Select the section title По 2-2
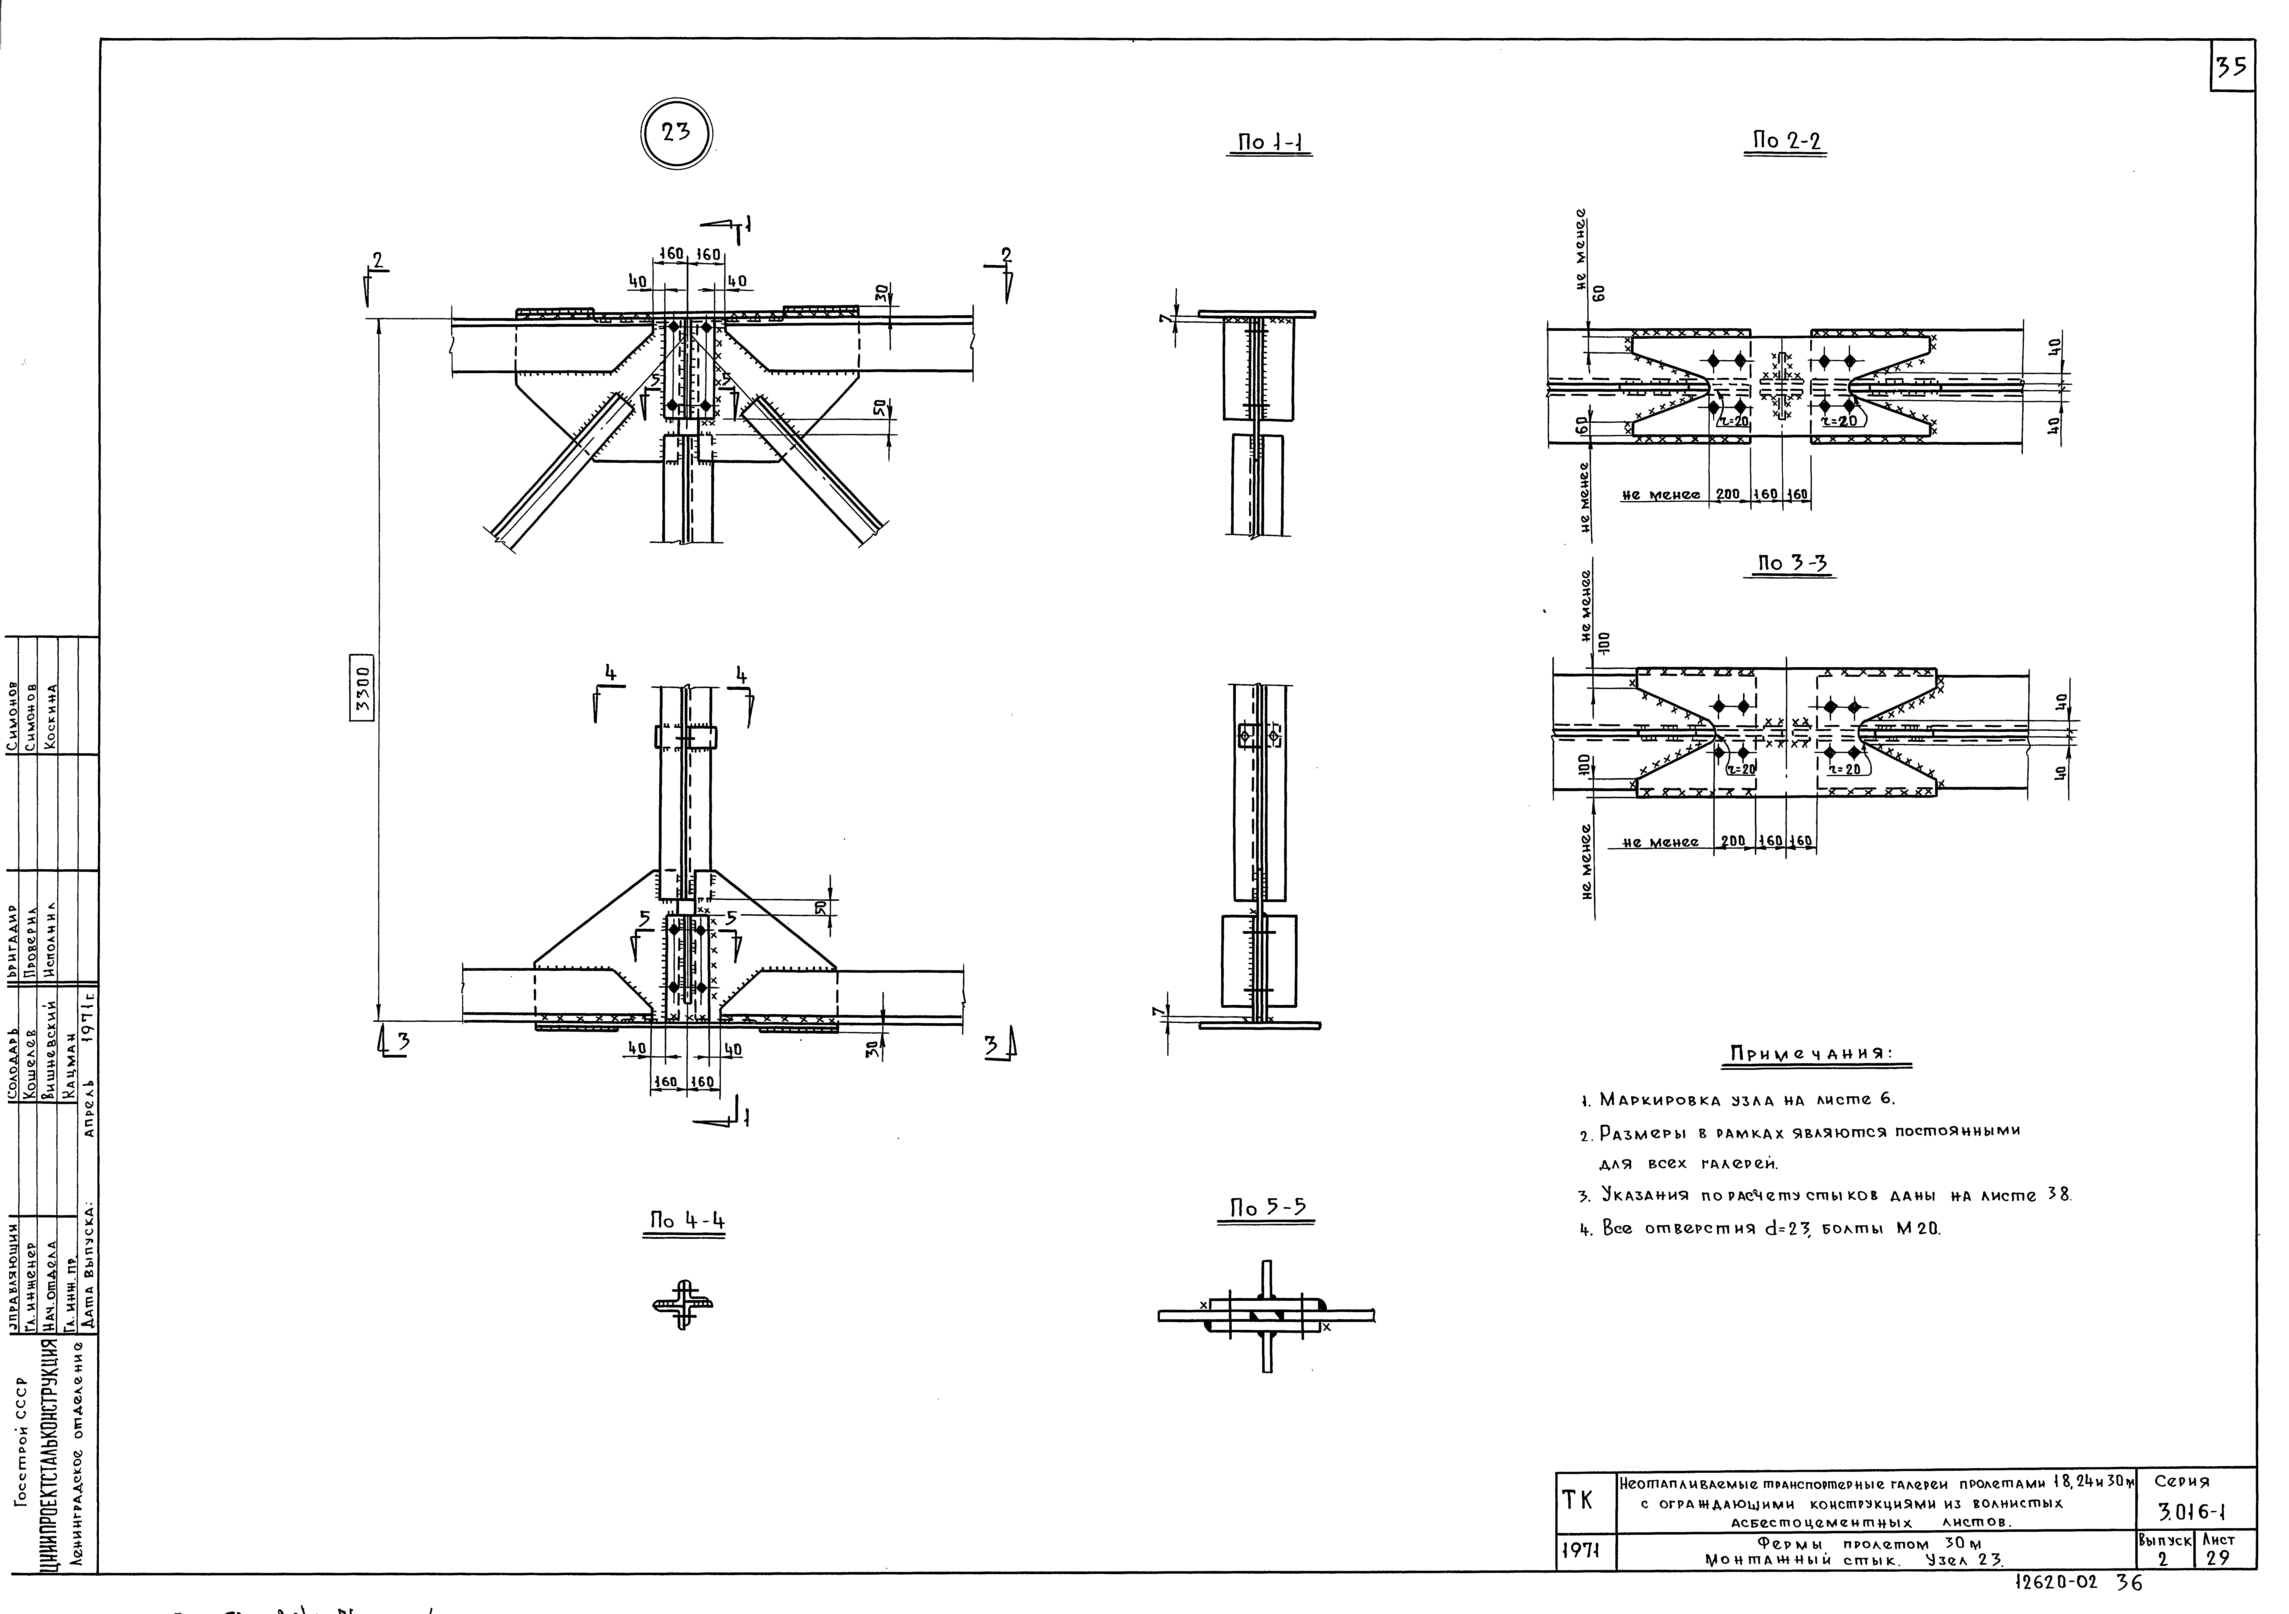tap(1785, 141)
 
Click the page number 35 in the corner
tap(2231, 67)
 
